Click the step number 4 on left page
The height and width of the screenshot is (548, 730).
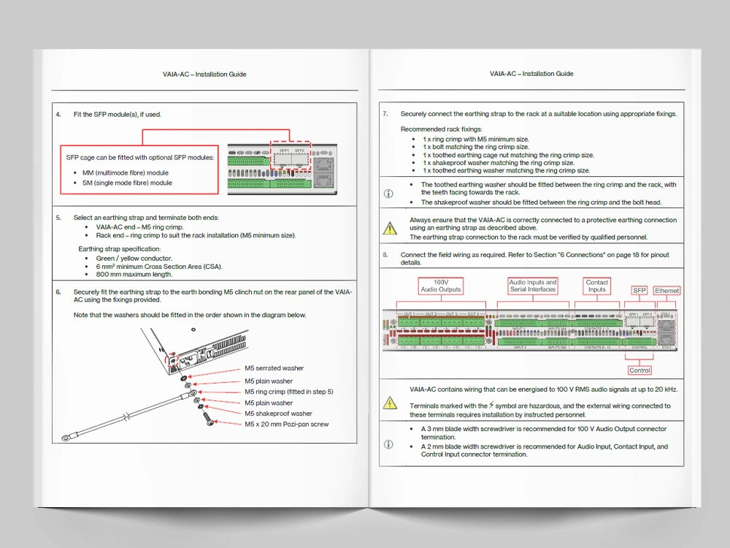tap(58, 115)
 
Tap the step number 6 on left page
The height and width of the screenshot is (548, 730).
tap(58, 292)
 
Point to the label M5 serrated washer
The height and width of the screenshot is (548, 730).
tap(274, 368)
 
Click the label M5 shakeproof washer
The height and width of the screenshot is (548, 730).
tap(278, 414)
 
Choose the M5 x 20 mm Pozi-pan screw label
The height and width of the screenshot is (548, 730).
tap(286, 425)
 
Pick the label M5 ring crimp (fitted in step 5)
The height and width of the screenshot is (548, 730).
tap(288, 392)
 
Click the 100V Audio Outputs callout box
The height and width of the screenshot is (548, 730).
tap(441, 286)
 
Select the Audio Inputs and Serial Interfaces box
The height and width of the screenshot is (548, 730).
tap(533, 286)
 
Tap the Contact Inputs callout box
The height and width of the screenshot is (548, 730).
tap(597, 286)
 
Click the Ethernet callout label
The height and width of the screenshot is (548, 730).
tap(666, 291)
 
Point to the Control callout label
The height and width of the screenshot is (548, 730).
tap(639, 370)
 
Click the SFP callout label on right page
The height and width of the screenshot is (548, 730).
tap(639, 291)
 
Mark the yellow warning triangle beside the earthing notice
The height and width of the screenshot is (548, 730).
tap(390, 229)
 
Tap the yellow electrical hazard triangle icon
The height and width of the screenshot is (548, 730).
tap(390, 403)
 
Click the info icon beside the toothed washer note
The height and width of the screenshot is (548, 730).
tap(388, 194)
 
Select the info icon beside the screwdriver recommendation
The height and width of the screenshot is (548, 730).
tap(388, 444)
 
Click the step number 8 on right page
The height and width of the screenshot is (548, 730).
tap(385, 255)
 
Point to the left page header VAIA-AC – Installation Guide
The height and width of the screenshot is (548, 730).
tap(204, 74)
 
